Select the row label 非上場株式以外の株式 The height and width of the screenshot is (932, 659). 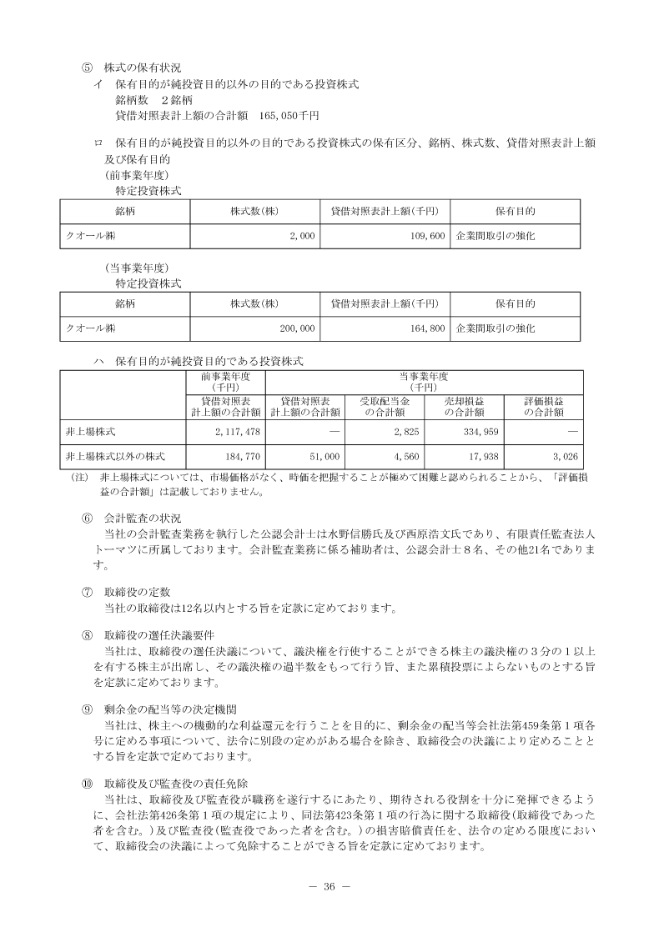[115, 457]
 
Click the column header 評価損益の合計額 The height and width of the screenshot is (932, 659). [543, 406]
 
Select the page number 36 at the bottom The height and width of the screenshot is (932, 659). [329, 885]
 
